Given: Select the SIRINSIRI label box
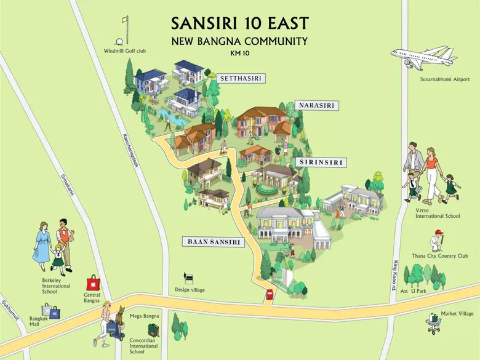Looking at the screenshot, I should pos(321,162).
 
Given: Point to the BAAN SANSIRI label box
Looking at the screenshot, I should pos(214,242).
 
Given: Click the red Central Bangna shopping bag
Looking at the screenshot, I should pos(92,284).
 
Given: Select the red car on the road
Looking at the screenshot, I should pos(269,296).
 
